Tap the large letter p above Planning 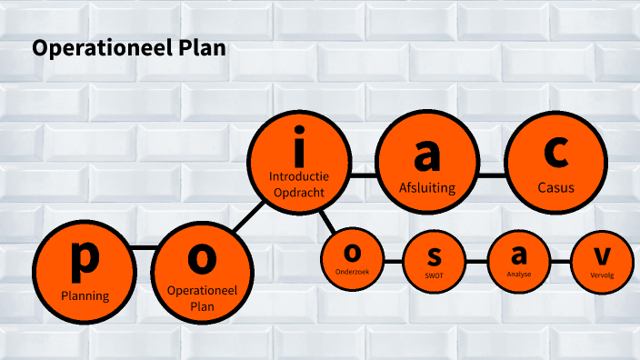pos(85,257)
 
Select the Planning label pos(85,295)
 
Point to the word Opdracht pos(299,192)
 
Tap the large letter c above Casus pos(555,153)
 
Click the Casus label pos(555,188)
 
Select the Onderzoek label pos(352,271)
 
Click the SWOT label pos(435,275)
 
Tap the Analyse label pos(520,274)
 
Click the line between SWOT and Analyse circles pos(477,262)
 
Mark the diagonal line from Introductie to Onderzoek pos(326,220)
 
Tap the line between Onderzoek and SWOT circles pos(393,262)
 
